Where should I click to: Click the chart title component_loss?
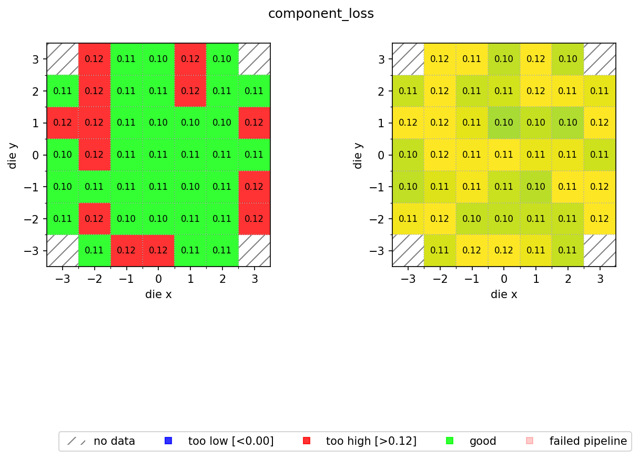[x=321, y=14]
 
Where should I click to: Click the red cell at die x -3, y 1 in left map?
[x=63, y=123]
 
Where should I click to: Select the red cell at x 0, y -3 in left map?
[x=158, y=250]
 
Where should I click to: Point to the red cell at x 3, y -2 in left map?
[x=254, y=219]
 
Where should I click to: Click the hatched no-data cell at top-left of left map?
[x=63, y=59]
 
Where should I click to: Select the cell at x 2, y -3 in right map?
[x=567, y=250]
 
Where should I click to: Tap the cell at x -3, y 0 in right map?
[x=408, y=155]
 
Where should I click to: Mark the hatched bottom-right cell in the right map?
[x=600, y=250]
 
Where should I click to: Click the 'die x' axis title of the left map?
[x=158, y=294]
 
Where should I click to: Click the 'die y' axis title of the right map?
[x=358, y=155]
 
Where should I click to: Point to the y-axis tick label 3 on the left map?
[x=36, y=59]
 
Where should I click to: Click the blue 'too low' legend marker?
[x=168, y=441]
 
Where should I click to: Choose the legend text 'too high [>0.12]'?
[x=371, y=441]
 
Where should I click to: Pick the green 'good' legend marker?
[x=450, y=441]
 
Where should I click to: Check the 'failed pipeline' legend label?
[x=588, y=441]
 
